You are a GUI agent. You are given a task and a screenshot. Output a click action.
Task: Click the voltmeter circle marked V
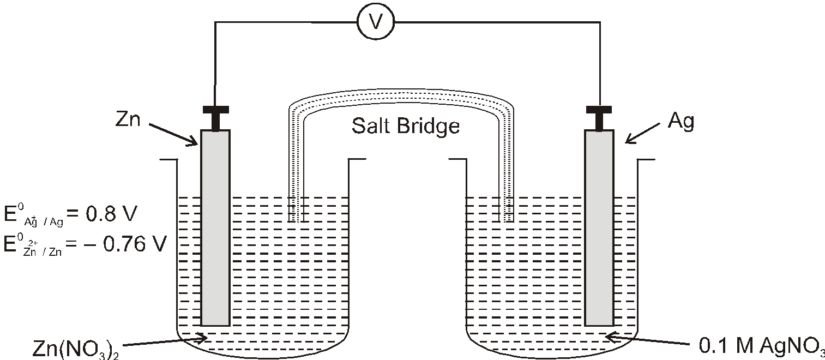tap(376, 22)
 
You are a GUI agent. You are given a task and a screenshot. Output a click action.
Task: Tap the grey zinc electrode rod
tap(215, 227)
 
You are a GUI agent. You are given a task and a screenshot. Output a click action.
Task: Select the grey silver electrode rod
tap(599, 227)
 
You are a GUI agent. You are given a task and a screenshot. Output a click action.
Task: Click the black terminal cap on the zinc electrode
tap(216, 118)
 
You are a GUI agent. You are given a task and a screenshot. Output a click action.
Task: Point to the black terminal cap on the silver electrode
tap(599, 118)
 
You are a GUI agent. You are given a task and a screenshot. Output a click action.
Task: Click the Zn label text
tap(128, 119)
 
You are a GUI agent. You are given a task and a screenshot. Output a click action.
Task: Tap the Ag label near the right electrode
tap(681, 122)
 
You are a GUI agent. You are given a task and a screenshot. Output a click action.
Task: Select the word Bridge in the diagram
tap(429, 127)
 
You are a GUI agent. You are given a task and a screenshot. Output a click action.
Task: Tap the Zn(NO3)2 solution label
tap(75, 349)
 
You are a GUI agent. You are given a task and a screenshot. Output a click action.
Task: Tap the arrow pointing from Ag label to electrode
tap(642, 134)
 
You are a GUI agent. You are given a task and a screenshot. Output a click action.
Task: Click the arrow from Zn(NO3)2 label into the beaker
tap(164, 341)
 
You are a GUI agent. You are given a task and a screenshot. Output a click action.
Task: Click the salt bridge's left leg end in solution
tap(296, 221)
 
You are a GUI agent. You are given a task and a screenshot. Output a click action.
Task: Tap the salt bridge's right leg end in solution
tap(506, 221)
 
